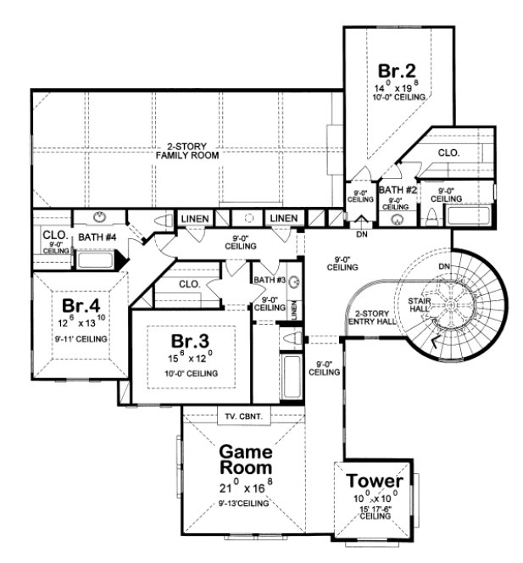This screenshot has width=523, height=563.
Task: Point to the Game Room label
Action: tap(247, 458)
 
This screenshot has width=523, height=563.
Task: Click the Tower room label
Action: tap(374, 482)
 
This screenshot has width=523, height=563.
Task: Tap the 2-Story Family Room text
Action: tap(181, 152)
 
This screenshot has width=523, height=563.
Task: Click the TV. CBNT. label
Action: tap(242, 416)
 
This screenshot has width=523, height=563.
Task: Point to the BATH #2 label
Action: tap(397, 190)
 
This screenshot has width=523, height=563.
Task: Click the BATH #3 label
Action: tap(269, 279)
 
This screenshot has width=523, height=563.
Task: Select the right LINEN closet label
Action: tap(283, 220)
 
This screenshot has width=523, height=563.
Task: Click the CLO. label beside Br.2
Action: tap(449, 153)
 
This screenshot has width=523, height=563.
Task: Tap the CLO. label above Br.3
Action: tap(190, 284)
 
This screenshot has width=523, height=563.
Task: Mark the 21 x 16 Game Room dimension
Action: tap(247, 488)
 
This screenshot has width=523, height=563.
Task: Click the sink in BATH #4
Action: tap(99, 216)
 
